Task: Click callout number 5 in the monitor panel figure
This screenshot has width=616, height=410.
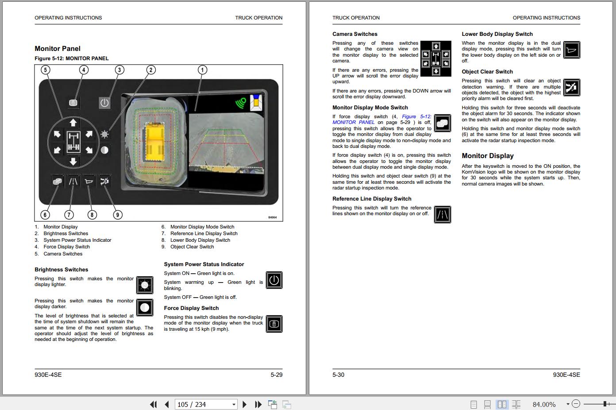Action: pos(46,70)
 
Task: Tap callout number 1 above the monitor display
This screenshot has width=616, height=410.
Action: pos(202,70)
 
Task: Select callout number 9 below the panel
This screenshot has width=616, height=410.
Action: pos(117,215)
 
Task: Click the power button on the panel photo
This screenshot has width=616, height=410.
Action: pos(104,103)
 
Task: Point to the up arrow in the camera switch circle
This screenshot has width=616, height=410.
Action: pos(73,123)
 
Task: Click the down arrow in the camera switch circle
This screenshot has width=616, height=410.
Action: pos(73,161)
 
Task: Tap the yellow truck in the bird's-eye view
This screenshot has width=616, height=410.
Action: pos(155,142)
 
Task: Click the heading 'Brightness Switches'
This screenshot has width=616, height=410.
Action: pos(62,270)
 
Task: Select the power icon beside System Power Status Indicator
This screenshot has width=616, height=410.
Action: pos(274,280)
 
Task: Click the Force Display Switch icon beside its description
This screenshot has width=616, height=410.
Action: pos(274,324)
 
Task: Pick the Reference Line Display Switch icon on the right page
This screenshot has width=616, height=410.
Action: pos(443,214)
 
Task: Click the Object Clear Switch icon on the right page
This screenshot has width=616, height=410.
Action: pos(572,88)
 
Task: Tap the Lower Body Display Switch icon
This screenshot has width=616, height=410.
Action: pos(572,50)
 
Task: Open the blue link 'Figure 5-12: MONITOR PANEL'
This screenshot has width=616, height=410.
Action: pos(382,120)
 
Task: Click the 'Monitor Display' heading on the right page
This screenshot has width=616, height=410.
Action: pos(488,156)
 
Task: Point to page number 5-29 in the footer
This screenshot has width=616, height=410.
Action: pos(277,375)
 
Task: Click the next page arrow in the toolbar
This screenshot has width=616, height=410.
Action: pos(244,404)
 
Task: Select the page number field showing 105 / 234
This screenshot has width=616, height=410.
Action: pos(206,404)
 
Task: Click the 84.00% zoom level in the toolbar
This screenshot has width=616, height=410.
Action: pos(544,404)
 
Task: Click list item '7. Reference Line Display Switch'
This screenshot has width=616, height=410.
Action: pos(200,233)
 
